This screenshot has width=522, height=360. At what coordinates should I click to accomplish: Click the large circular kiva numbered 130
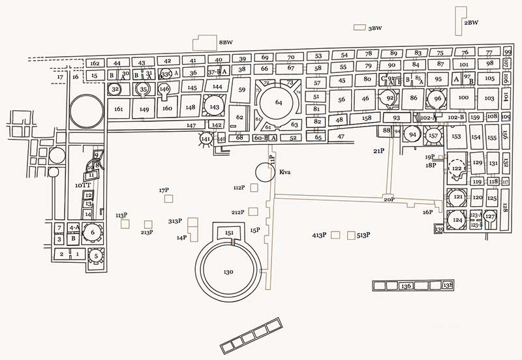pos(228,271)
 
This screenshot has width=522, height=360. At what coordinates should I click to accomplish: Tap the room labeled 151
pos(229,233)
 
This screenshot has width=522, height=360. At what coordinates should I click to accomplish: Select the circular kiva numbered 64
pos(279,102)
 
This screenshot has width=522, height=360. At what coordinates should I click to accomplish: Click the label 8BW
pos(226,42)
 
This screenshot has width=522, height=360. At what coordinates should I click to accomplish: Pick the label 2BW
pos(471,23)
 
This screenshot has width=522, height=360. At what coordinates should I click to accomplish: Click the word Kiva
pos(284,172)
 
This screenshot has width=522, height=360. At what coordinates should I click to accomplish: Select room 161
pos(118,109)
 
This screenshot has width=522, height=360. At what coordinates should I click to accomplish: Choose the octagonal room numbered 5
pos(96,257)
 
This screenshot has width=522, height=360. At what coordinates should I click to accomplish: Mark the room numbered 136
pos(406,286)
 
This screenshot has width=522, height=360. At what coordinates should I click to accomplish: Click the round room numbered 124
pos(457,220)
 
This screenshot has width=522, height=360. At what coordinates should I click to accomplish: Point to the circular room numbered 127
pos(490,217)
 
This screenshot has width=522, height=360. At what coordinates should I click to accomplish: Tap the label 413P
pos(318,235)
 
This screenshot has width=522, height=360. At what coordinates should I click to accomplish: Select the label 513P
pos(363,235)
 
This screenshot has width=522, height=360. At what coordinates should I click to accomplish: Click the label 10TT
pos(82,186)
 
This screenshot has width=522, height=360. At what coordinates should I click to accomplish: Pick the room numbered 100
pos(463,98)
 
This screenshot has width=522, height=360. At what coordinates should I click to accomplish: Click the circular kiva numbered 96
pos(437,99)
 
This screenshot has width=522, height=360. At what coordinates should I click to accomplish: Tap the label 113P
pos(121,215)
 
